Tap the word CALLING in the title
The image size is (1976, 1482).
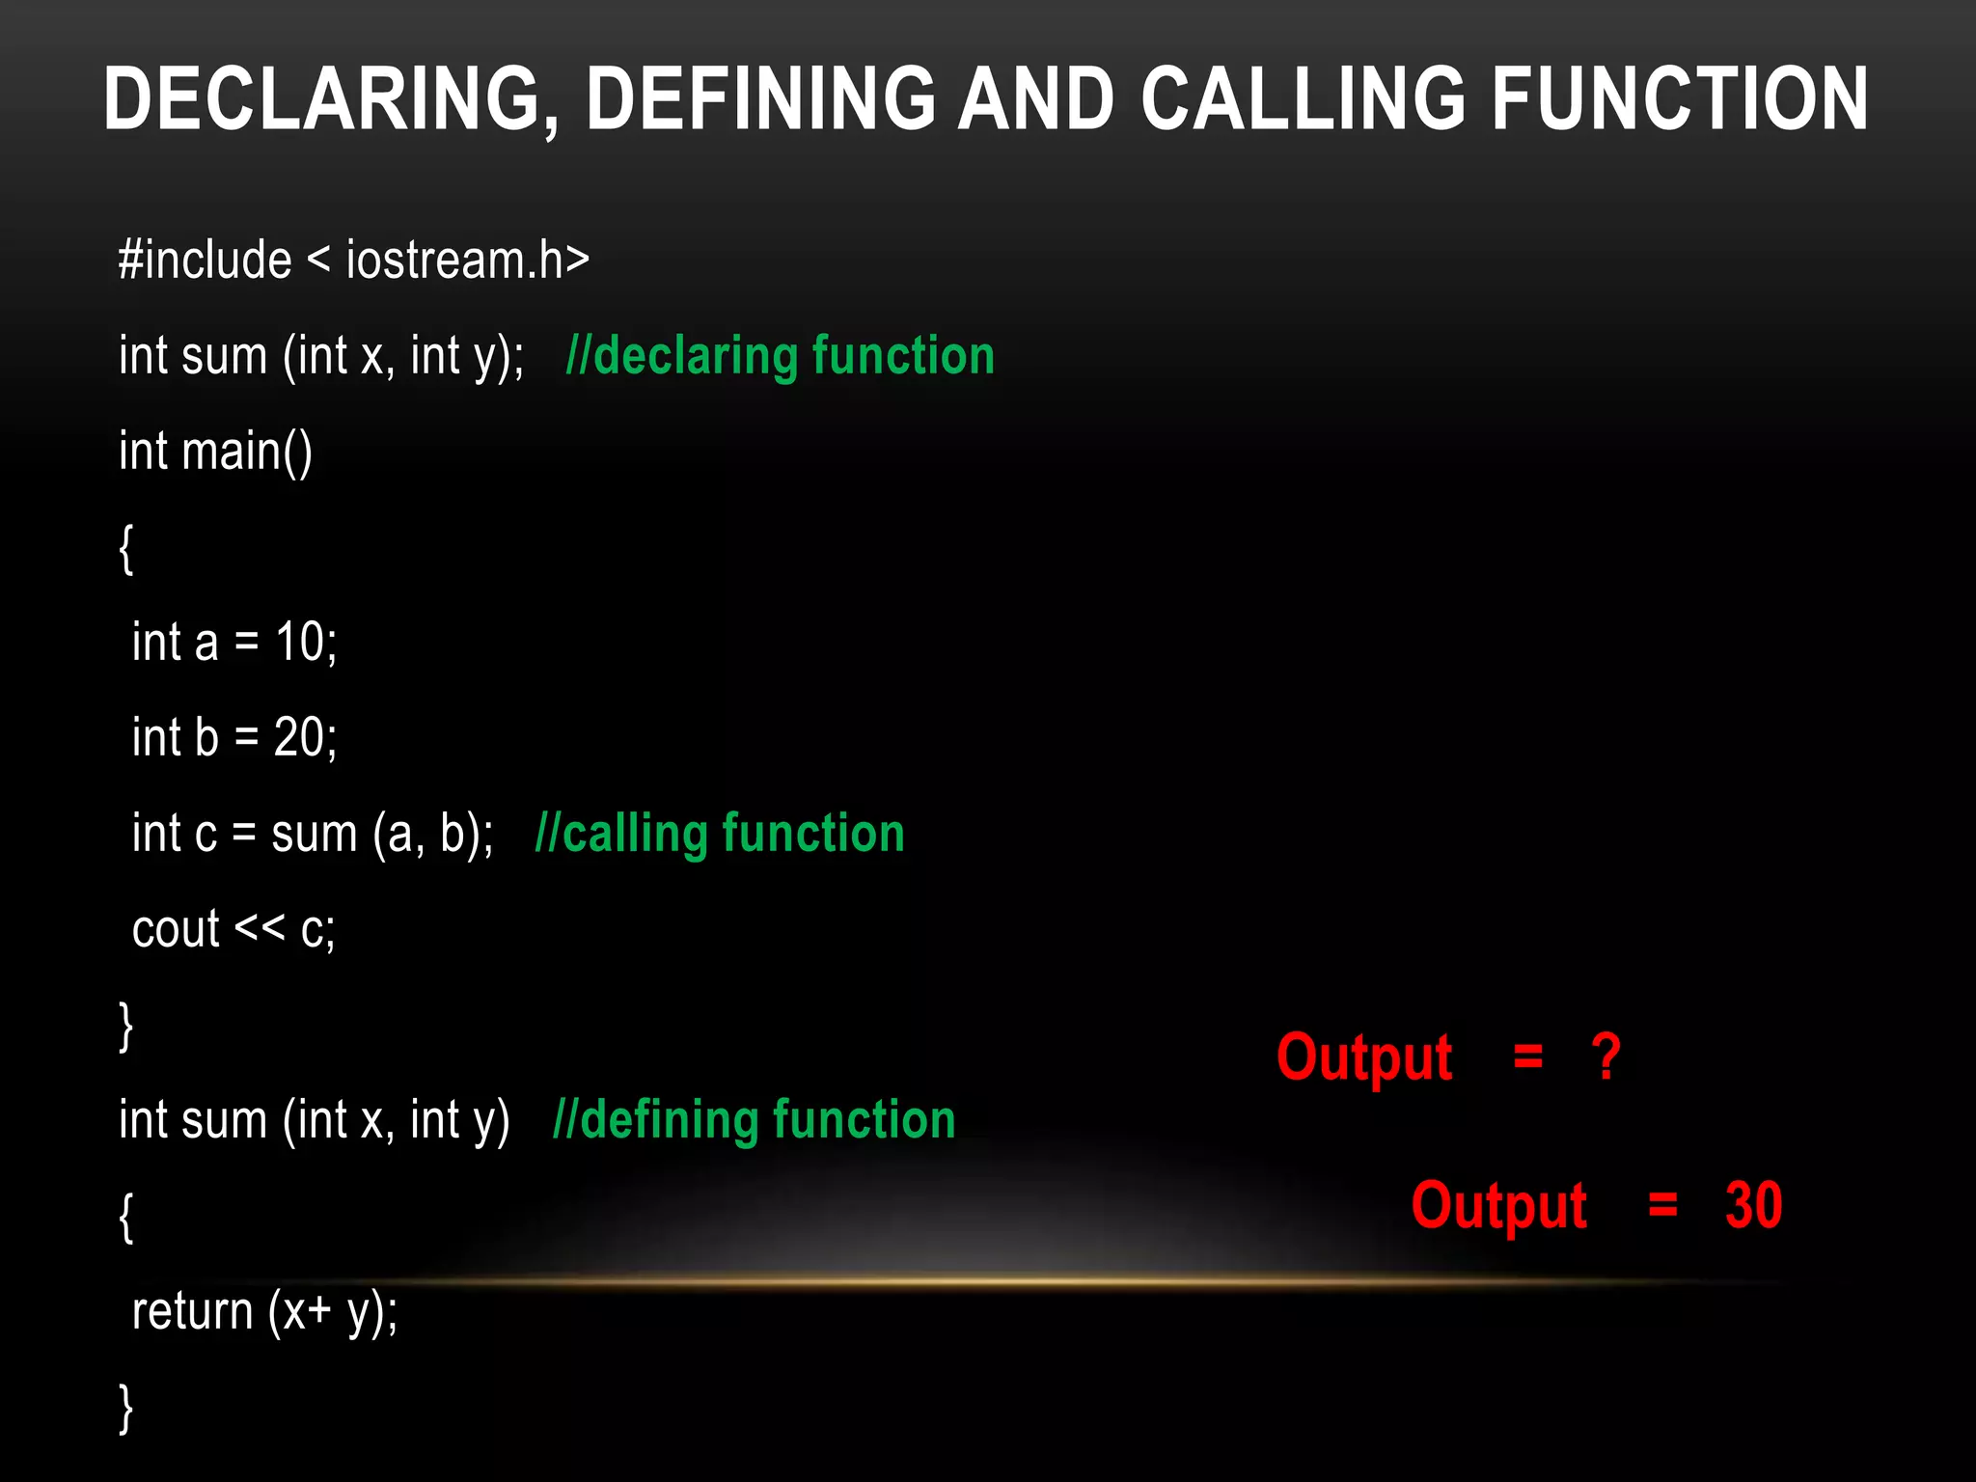tap(1303, 98)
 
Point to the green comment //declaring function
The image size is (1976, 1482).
tap(780, 356)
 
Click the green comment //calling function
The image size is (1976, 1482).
tap(720, 834)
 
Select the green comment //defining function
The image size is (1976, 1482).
tap(754, 1120)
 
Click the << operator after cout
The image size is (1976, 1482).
tap(260, 928)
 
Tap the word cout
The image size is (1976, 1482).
tap(176, 929)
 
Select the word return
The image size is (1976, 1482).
tap(192, 1311)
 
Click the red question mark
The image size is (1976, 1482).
tap(1605, 1057)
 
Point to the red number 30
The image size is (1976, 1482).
tap(1753, 1206)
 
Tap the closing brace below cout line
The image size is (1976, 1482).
tap(126, 1026)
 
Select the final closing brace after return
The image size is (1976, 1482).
tap(126, 1408)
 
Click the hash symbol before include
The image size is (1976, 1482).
tap(130, 261)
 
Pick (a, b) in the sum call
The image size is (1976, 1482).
tap(432, 835)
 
